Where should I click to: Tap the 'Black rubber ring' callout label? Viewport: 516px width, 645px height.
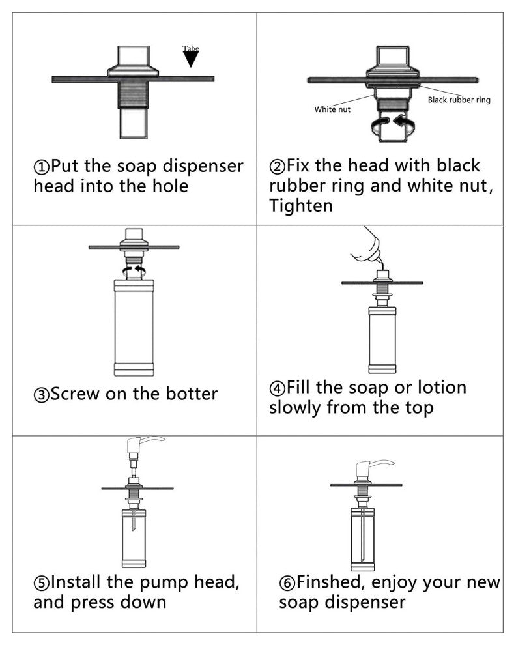coord(459,100)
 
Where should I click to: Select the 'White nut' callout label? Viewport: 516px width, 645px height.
coord(332,109)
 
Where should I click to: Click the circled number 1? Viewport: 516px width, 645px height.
coord(41,167)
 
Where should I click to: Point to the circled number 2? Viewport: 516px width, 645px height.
coord(277,166)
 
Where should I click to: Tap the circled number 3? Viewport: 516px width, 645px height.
coord(41,395)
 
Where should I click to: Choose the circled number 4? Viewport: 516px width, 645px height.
coord(277,388)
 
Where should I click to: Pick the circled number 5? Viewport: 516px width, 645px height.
coord(41,583)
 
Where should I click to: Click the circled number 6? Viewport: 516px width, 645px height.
coord(287,583)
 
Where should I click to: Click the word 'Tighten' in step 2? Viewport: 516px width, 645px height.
coord(301,205)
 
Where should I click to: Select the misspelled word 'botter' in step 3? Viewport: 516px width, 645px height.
coord(192,394)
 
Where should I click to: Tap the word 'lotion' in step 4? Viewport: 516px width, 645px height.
coord(442,387)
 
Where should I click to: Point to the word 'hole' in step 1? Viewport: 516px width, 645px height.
coord(170,186)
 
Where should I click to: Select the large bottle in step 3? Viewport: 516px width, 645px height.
coord(134,328)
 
